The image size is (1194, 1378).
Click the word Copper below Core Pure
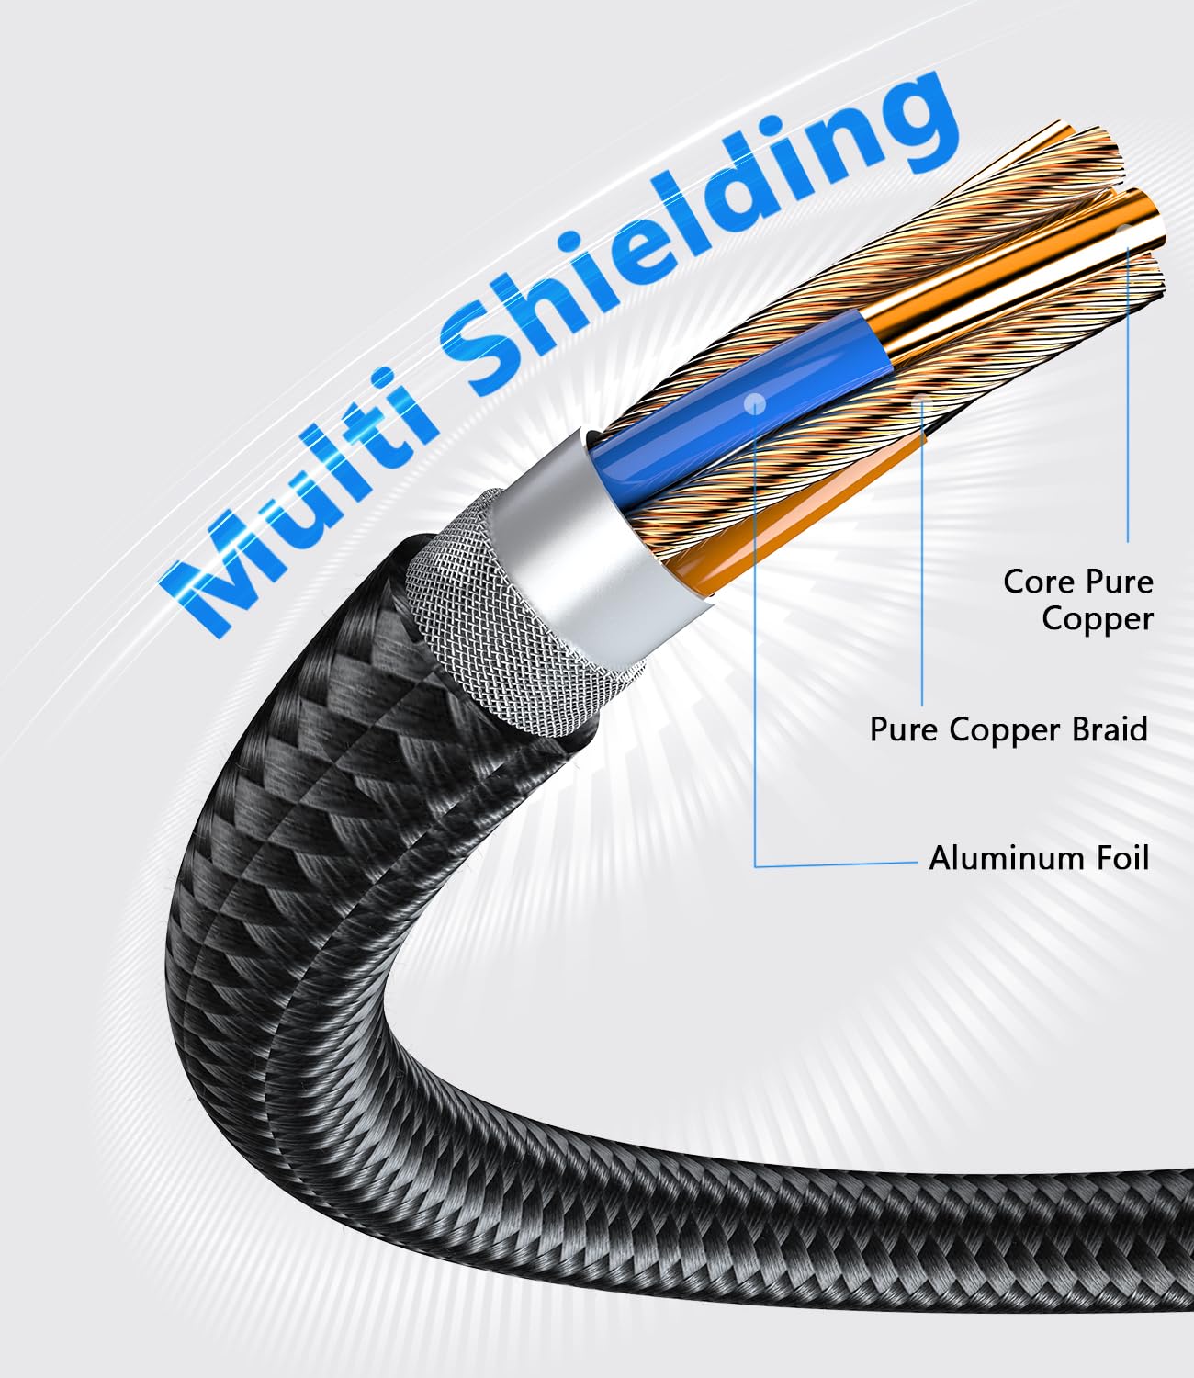[1098, 620]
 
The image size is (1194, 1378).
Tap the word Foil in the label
[1123, 858]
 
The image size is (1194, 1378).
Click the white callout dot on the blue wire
[754, 402]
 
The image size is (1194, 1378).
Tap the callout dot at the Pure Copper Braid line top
[922, 400]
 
